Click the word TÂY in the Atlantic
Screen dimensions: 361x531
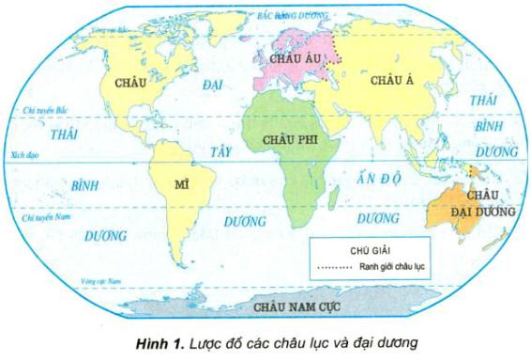tap(220, 150)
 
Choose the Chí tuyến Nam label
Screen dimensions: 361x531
tap(35, 218)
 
